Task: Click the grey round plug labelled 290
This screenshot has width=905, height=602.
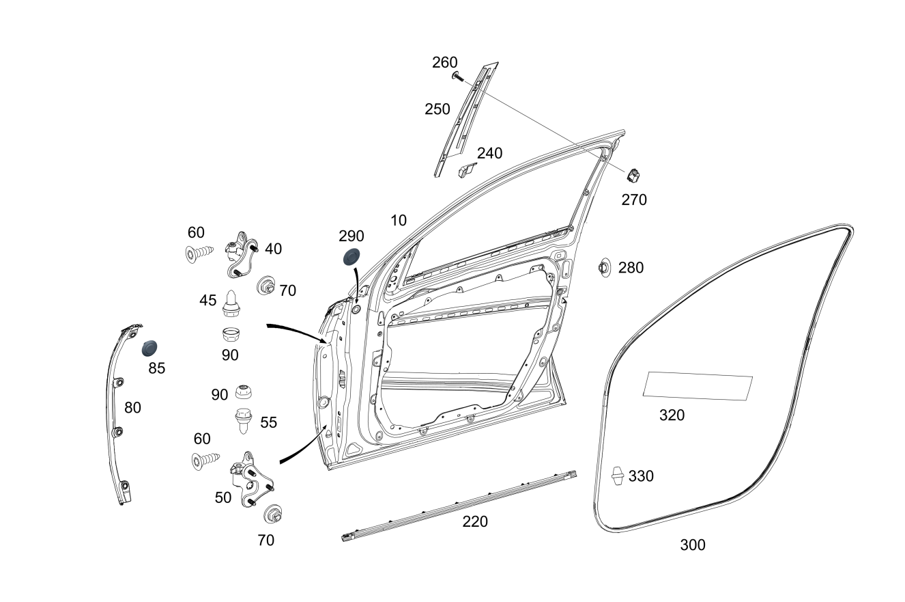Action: tap(350, 259)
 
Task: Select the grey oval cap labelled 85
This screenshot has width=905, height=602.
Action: tap(149, 347)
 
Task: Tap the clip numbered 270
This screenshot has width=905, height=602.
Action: tap(633, 175)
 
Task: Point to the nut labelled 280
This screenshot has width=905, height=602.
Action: tap(603, 267)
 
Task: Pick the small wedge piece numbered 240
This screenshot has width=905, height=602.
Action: tap(467, 169)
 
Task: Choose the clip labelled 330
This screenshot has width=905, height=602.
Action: tap(617, 475)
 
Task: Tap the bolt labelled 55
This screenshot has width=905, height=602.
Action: tap(242, 419)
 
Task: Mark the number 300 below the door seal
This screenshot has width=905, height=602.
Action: tap(693, 545)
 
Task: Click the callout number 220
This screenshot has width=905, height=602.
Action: tap(475, 522)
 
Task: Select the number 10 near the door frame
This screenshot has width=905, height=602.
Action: tap(399, 220)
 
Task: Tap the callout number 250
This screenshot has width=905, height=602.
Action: tap(437, 109)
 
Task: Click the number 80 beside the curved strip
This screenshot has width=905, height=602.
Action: tap(132, 407)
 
